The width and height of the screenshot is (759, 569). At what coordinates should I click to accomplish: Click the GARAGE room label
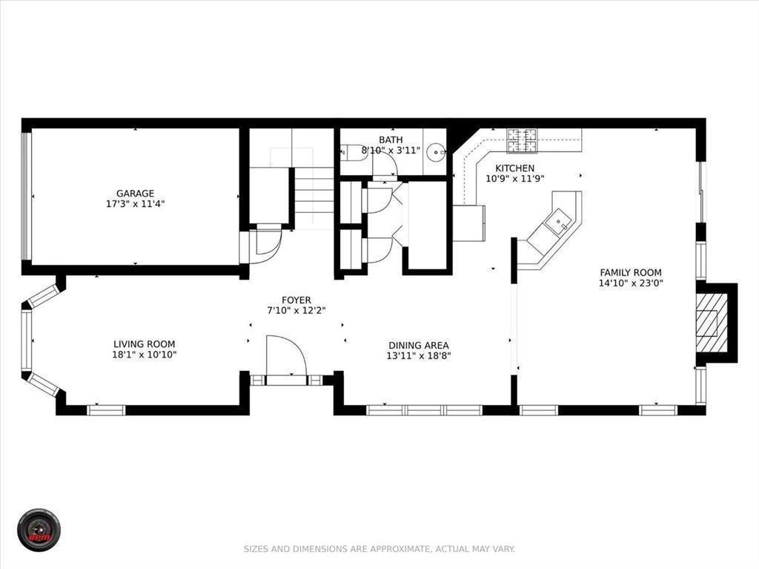tap(135, 194)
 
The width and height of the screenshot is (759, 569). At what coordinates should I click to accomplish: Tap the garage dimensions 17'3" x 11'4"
tap(135, 203)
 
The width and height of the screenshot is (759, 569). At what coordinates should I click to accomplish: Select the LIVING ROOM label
tap(144, 344)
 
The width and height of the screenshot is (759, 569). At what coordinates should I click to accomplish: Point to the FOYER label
tap(296, 300)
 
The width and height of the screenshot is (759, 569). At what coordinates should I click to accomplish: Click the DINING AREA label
tap(419, 345)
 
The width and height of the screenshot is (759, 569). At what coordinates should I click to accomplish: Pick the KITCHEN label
tap(514, 168)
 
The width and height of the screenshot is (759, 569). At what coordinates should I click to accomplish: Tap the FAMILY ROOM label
tap(631, 272)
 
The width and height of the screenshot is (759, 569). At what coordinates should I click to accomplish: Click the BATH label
tap(391, 139)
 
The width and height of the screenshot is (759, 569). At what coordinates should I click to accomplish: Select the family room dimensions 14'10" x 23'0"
tap(631, 283)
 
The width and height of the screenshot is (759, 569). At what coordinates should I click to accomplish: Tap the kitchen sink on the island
tap(557, 219)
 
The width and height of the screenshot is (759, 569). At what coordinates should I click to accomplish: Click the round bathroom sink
tap(437, 153)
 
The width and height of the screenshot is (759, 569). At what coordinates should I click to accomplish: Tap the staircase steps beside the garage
tap(315, 197)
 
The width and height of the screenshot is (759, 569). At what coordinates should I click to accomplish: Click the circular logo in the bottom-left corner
tap(39, 529)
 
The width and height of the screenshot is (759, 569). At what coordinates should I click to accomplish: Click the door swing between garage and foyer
tap(265, 244)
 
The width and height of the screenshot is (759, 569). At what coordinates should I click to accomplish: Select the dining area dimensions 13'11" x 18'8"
tap(419, 355)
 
